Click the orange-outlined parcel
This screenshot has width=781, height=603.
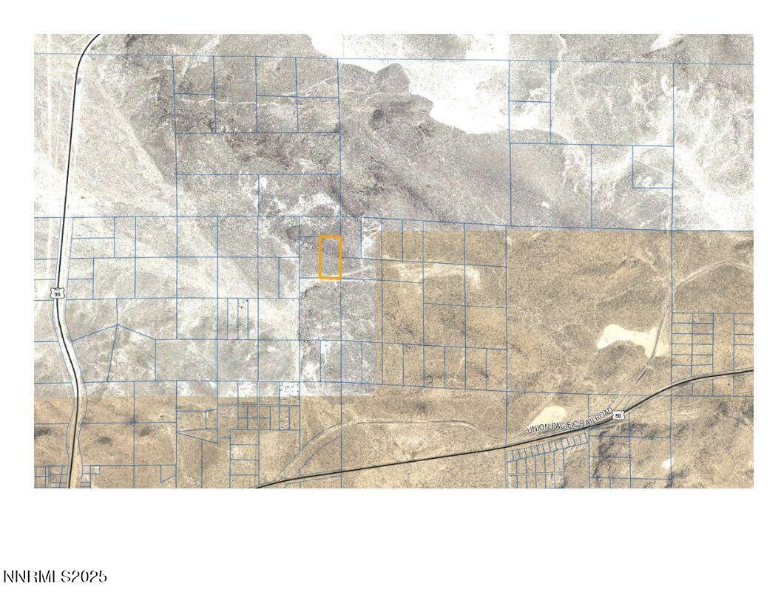point(330,257)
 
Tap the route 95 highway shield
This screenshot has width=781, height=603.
point(58,293)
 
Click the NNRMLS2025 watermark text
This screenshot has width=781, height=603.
point(55,576)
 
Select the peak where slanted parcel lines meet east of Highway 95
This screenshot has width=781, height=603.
point(117,325)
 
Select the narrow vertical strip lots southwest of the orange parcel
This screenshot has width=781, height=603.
point(237,318)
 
